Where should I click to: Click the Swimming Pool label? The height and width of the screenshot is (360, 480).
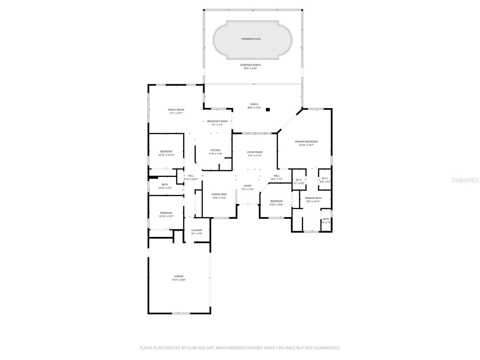point(251,39)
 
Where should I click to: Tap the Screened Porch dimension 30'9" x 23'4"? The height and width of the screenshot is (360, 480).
point(250,68)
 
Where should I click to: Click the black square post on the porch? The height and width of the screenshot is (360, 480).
point(268,110)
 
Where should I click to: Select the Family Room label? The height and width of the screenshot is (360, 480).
point(176,110)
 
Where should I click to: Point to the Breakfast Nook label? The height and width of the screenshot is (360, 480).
point(217,121)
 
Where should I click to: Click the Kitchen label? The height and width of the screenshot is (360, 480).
point(215,150)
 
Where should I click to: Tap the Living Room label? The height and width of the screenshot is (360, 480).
point(254,152)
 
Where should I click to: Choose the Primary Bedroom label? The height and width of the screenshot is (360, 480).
point(306,142)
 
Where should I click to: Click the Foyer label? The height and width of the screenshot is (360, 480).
point(247,186)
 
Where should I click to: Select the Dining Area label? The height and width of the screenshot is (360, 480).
point(219,194)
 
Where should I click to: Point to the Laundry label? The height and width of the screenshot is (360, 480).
point(197,230)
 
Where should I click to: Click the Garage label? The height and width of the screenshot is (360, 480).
point(179,276)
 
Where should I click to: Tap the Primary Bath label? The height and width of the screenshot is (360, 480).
point(313,198)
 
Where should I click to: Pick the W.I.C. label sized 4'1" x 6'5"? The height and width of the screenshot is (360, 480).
point(299,180)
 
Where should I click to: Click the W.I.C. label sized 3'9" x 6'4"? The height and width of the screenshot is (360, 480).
point(325,178)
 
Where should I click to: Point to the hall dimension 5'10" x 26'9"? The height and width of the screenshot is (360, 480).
point(191,179)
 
